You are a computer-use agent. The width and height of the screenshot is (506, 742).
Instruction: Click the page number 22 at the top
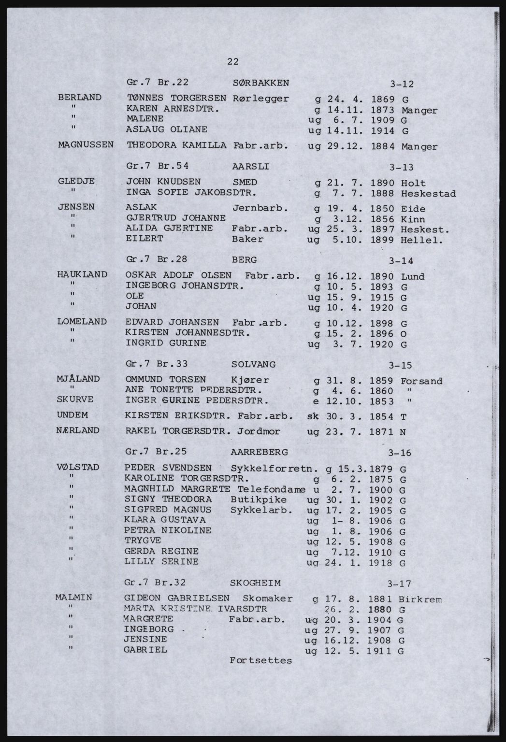pos(233,61)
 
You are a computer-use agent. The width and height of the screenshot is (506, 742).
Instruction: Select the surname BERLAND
pos(80,97)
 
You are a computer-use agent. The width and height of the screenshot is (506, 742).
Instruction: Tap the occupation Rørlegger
pos(260,99)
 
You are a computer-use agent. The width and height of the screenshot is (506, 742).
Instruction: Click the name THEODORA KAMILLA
pos(176,144)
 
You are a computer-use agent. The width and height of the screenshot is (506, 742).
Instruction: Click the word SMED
pos(245,182)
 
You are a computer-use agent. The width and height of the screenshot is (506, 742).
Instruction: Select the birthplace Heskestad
pos(428,194)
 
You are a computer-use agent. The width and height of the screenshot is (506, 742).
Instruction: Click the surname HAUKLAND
pos(82,274)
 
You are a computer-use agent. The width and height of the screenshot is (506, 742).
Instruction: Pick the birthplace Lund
pos(413,277)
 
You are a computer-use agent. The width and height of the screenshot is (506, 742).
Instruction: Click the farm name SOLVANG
pos(254,364)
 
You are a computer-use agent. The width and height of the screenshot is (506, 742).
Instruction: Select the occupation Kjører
pos(250,380)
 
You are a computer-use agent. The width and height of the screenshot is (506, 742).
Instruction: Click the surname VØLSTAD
pos(78,467)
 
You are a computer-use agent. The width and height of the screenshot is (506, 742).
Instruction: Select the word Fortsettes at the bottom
pos(261,660)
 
